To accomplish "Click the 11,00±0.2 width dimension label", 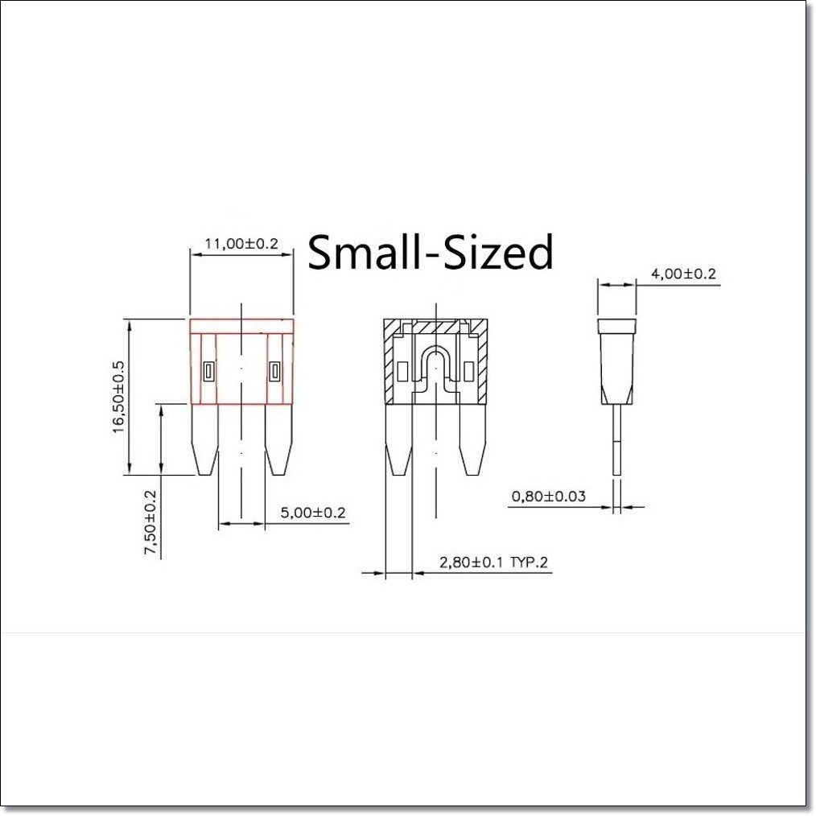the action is (241, 244).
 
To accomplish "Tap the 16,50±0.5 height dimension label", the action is (118, 397).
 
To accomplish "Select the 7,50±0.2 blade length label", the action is (150, 522).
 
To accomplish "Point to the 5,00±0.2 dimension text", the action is (313, 513).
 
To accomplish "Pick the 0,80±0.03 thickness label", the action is (549, 496).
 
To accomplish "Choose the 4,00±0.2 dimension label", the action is (683, 274).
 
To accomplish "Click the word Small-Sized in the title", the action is (431, 252).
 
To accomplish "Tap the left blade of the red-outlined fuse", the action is (205, 439).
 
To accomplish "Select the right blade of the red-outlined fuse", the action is (279, 439).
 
